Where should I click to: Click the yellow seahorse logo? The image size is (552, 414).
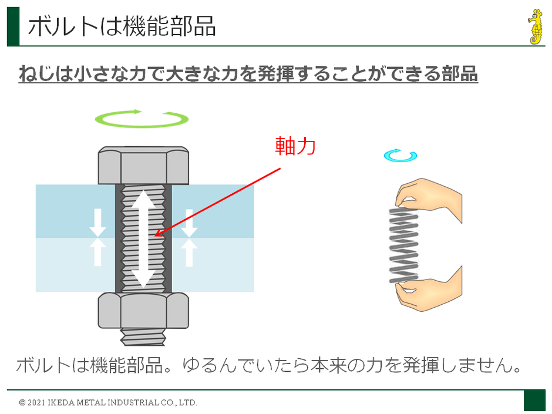(534, 27)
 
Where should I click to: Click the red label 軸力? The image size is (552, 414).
(295, 146)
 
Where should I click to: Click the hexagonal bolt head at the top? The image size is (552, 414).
(143, 166)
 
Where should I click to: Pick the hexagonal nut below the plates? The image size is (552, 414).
(143, 311)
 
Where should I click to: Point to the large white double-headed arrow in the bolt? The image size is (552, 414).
(143, 238)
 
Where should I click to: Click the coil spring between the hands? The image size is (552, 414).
(404, 245)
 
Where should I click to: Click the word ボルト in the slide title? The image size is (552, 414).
(56, 26)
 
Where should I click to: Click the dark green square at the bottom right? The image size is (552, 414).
(534, 400)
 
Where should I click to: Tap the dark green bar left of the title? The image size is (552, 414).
(13, 26)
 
